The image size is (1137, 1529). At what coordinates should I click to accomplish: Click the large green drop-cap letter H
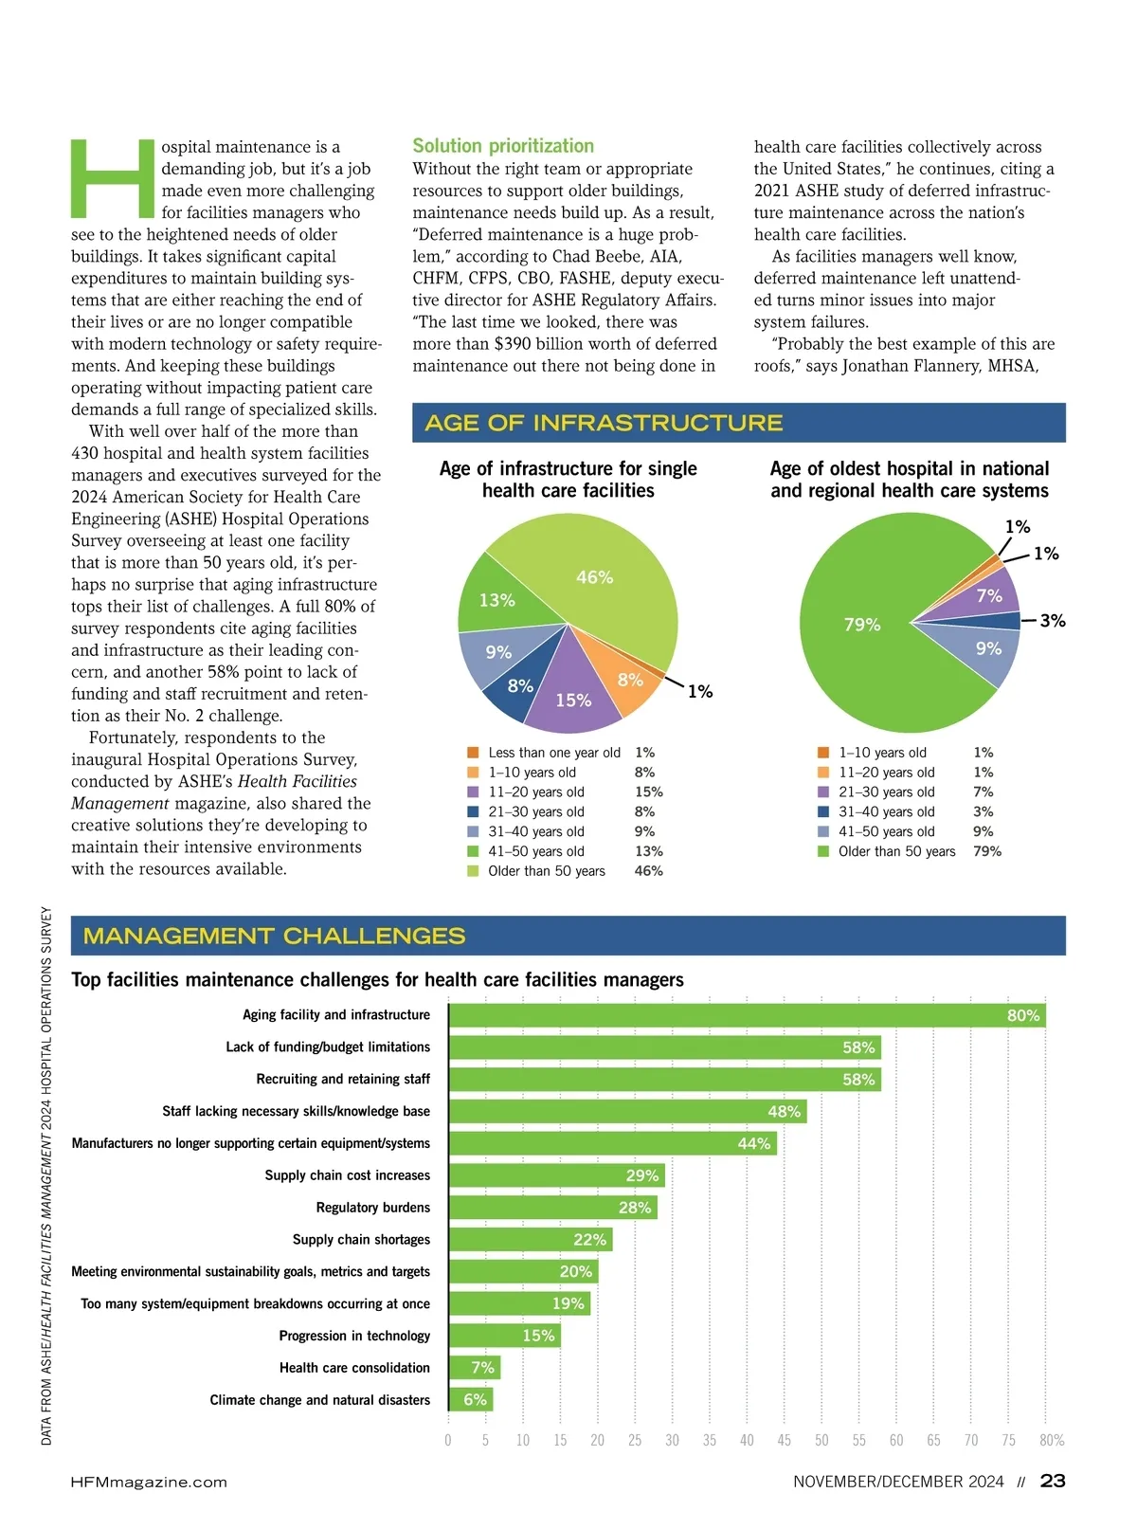tap(113, 178)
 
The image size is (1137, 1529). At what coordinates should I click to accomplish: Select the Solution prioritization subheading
tap(503, 146)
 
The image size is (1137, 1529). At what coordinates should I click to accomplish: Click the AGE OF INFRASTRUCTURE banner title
tap(604, 423)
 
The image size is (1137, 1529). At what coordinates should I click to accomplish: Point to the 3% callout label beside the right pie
tap(1052, 621)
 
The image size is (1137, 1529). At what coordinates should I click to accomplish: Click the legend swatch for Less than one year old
tap(473, 753)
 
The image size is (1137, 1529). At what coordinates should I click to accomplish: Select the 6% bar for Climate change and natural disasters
tap(471, 1400)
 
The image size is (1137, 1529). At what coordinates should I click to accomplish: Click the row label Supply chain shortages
tap(361, 1240)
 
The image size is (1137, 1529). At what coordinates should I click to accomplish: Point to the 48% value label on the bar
tap(784, 1112)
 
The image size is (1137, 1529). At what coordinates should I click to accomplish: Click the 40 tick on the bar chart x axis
tap(747, 1441)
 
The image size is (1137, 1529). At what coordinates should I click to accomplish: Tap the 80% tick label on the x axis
tap(1052, 1441)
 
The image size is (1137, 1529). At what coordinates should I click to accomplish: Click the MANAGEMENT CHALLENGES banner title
tap(275, 937)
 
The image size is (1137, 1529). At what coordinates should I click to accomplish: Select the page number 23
tap(1053, 1481)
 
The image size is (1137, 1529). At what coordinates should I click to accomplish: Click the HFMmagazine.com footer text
tap(149, 1482)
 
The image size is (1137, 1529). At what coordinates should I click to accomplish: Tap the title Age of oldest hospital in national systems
tap(910, 480)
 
